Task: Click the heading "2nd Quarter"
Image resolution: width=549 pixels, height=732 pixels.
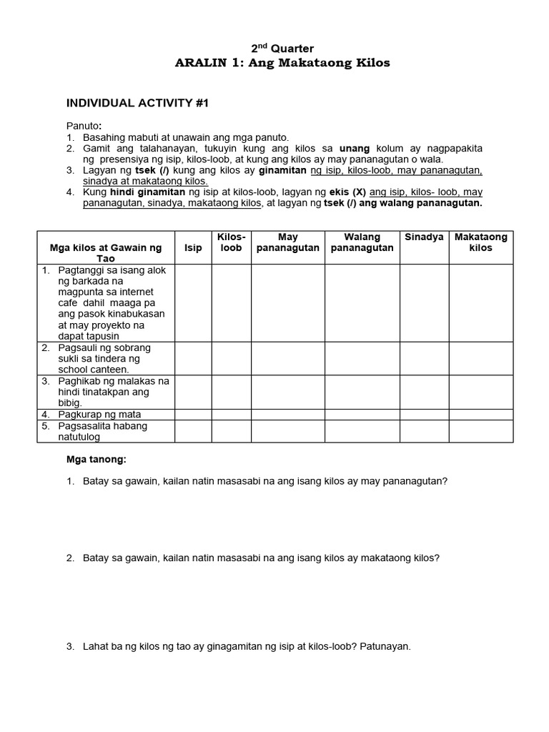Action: pos(282,49)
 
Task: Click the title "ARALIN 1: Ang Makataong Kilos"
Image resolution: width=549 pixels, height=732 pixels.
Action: pos(282,63)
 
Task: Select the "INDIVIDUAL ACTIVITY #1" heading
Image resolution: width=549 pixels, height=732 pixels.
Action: pos(137,103)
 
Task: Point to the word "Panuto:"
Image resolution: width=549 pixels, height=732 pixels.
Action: pos(84,125)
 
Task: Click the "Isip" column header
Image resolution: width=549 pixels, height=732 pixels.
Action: pos(193,247)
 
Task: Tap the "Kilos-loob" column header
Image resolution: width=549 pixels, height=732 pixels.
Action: pos(231,242)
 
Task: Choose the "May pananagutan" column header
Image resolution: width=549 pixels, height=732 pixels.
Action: pos(288,242)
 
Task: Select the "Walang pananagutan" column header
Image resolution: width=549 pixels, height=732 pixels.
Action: pos(362,242)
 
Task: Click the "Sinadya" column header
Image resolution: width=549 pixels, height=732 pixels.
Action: pos(424,237)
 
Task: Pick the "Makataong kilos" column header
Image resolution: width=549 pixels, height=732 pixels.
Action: pos(481,242)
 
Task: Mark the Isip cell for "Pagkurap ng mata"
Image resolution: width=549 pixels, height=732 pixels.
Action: pos(193,414)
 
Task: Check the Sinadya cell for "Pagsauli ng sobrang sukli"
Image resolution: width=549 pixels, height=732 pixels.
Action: pos(424,358)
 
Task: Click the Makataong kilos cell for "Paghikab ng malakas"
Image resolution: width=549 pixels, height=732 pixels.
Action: pos(481,392)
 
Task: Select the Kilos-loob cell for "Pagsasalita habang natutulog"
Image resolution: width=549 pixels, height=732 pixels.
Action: pos(231,431)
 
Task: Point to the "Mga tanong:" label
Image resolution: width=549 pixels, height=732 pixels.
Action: pos(95,459)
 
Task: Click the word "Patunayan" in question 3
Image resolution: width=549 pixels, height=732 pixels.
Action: pos(386,646)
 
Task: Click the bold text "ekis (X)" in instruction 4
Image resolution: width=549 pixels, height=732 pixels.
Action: pos(346,192)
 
